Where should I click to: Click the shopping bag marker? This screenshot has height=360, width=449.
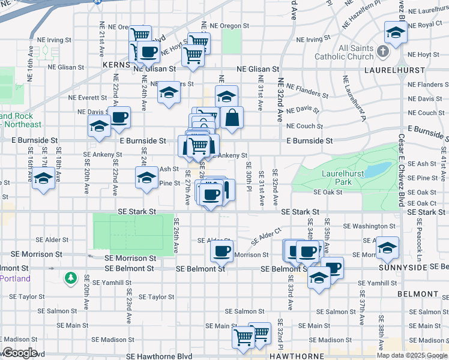point(231,117)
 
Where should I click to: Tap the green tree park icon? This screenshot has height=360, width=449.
point(71,278)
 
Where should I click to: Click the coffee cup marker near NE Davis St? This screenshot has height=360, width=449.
point(119,116)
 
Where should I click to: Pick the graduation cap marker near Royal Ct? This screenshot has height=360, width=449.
point(396,32)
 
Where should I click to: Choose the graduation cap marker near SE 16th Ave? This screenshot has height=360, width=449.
point(43,179)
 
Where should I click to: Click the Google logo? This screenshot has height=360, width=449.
point(20,353)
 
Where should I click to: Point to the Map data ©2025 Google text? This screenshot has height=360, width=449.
point(412,355)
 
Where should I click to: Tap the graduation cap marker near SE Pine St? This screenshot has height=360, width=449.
point(146,177)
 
